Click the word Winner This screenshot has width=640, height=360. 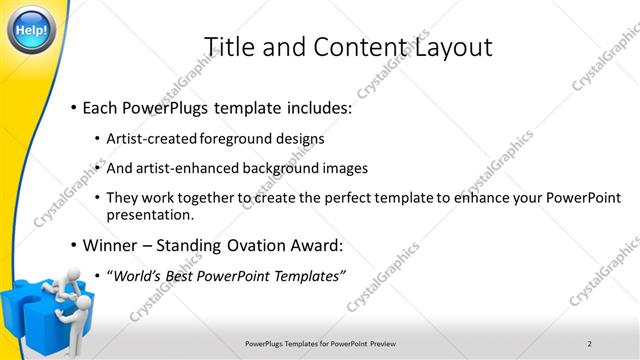click(x=111, y=245)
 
